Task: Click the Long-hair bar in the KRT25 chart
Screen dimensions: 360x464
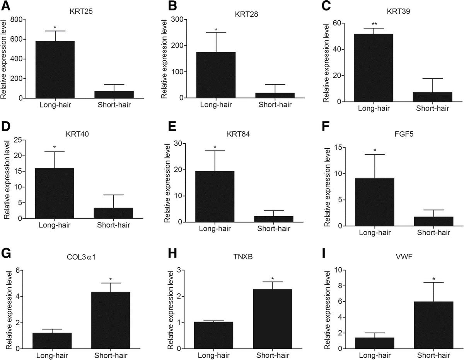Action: coord(55,70)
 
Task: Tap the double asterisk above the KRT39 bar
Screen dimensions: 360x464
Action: coord(374,24)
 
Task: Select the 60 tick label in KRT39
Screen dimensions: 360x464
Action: coord(341,23)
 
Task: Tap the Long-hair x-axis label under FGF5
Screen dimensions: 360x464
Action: coord(375,233)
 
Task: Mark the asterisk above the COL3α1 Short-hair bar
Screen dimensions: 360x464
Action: coord(111,280)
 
